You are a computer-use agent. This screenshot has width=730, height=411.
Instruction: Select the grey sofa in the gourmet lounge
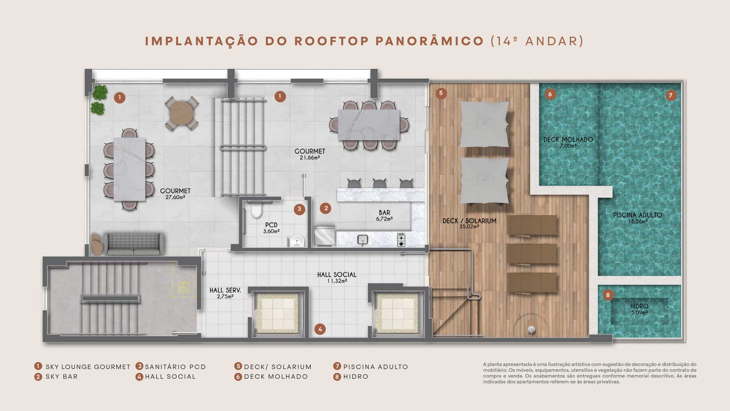pyautogui.click(x=133, y=244)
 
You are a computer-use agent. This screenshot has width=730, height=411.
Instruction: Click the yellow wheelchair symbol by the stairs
pyautogui.click(x=182, y=287)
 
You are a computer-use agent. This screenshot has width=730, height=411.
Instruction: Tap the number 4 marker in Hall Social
pyautogui.click(x=320, y=329)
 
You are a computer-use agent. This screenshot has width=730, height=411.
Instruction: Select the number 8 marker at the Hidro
pyautogui.click(x=608, y=295)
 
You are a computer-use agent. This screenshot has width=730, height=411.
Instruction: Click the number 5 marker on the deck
pyautogui.click(x=441, y=93)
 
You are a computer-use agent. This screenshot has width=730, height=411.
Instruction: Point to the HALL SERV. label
pyautogui.click(x=225, y=290)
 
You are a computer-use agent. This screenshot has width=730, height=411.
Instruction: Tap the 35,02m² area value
pyautogui.click(x=469, y=227)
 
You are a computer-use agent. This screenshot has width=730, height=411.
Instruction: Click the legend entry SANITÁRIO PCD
pyautogui.click(x=175, y=367)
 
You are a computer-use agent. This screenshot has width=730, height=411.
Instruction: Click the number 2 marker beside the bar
pyautogui.click(x=326, y=208)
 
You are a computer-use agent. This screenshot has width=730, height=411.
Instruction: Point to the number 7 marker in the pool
pyautogui.click(x=671, y=95)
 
